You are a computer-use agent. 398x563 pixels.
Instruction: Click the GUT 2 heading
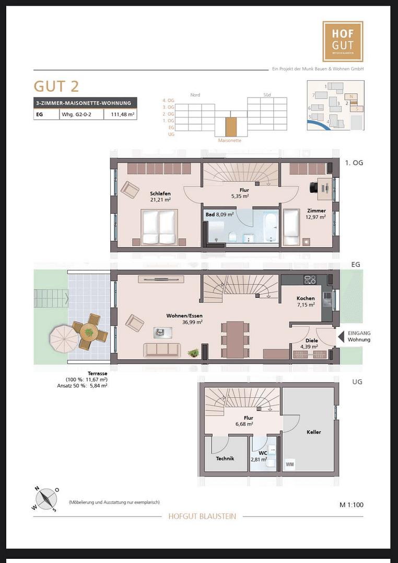coord(56,86)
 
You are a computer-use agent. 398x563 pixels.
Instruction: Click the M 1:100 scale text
coord(351,505)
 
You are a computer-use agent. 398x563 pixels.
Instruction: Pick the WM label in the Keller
coord(290,464)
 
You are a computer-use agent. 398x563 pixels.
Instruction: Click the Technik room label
coord(225,458)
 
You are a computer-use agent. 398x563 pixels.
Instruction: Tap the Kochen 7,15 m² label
coord(306,301)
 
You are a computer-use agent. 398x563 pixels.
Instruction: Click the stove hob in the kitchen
coord(311,280)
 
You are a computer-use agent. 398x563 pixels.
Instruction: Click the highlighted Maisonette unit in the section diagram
coord(231,127)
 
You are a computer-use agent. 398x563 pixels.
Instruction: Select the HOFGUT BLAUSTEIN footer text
coord(202,516)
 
